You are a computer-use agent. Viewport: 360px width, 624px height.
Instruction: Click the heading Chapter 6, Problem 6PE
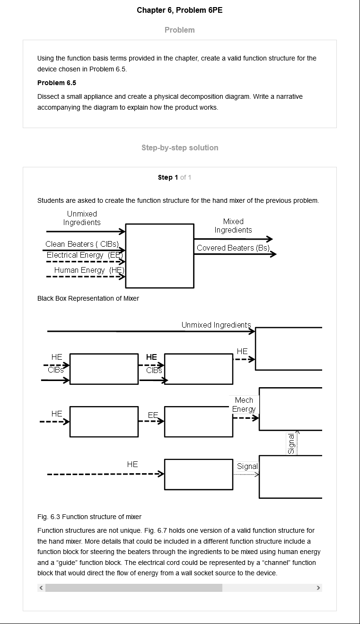180,10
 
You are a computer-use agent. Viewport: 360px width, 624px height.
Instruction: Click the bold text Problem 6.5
57,83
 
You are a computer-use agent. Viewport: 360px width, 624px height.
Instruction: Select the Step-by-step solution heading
180,147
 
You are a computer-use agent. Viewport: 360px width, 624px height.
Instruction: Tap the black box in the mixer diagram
160,256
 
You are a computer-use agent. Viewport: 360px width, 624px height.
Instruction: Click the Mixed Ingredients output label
233,225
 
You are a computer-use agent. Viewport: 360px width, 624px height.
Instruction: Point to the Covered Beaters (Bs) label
233,248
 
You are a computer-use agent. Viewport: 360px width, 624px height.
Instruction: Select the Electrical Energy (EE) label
85,255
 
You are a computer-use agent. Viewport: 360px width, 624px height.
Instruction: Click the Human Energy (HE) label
89,270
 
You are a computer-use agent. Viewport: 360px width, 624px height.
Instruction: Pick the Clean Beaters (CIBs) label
82,244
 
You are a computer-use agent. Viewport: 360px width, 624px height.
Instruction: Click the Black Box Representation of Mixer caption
88,298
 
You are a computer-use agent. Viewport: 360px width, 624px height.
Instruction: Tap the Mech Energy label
244,405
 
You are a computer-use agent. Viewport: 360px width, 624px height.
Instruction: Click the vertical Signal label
291,443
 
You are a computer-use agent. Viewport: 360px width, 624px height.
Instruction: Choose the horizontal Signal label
247,466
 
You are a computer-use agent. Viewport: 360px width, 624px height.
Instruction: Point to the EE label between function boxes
153,415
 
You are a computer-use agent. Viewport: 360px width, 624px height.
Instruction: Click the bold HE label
151,357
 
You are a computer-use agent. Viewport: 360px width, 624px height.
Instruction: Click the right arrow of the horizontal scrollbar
318,588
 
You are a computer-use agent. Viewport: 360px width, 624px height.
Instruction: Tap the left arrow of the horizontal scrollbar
41,588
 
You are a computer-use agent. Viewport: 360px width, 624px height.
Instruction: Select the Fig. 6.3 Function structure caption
89,517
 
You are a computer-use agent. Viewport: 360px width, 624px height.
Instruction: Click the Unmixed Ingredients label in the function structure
216,325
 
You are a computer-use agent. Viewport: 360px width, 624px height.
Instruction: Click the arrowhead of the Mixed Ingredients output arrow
269,239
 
